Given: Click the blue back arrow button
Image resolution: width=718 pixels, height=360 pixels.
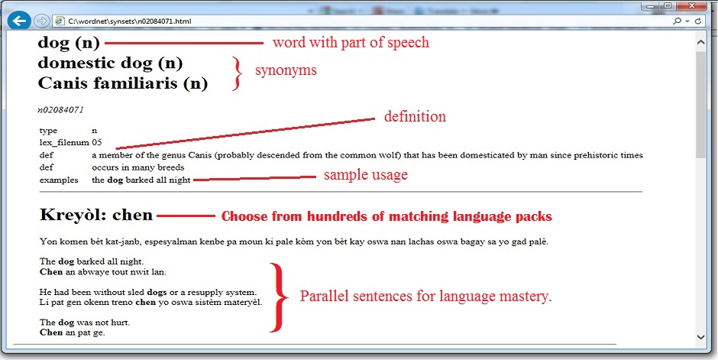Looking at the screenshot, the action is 19,21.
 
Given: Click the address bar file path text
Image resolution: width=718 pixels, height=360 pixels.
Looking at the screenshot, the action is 129,21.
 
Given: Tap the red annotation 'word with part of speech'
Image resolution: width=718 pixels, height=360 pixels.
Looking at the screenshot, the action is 351,43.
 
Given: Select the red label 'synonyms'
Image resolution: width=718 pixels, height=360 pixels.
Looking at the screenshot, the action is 286,70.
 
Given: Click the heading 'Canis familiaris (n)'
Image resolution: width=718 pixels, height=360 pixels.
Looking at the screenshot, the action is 123,83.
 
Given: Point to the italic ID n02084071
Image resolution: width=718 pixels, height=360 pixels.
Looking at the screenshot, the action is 60,110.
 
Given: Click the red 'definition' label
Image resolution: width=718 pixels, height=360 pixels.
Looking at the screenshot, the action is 415,116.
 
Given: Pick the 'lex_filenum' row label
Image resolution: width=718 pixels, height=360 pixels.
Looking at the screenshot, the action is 64,143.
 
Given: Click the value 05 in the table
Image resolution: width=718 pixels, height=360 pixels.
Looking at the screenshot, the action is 96,142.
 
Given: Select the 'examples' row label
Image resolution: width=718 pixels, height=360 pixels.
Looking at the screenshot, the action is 59,180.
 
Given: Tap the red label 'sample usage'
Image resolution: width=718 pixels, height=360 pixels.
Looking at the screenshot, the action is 365,175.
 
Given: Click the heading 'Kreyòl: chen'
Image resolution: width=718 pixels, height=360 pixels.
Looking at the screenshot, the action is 96,214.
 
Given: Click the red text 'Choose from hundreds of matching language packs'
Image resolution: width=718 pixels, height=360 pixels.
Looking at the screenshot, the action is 386,216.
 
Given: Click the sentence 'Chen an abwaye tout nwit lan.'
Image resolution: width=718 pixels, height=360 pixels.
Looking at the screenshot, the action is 103,272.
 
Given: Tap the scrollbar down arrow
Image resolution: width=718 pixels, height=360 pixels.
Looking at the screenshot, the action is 700,336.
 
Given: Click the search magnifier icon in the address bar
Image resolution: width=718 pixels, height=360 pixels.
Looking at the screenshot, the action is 677,21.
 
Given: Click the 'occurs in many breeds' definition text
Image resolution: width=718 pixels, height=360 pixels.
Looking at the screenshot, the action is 137,167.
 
